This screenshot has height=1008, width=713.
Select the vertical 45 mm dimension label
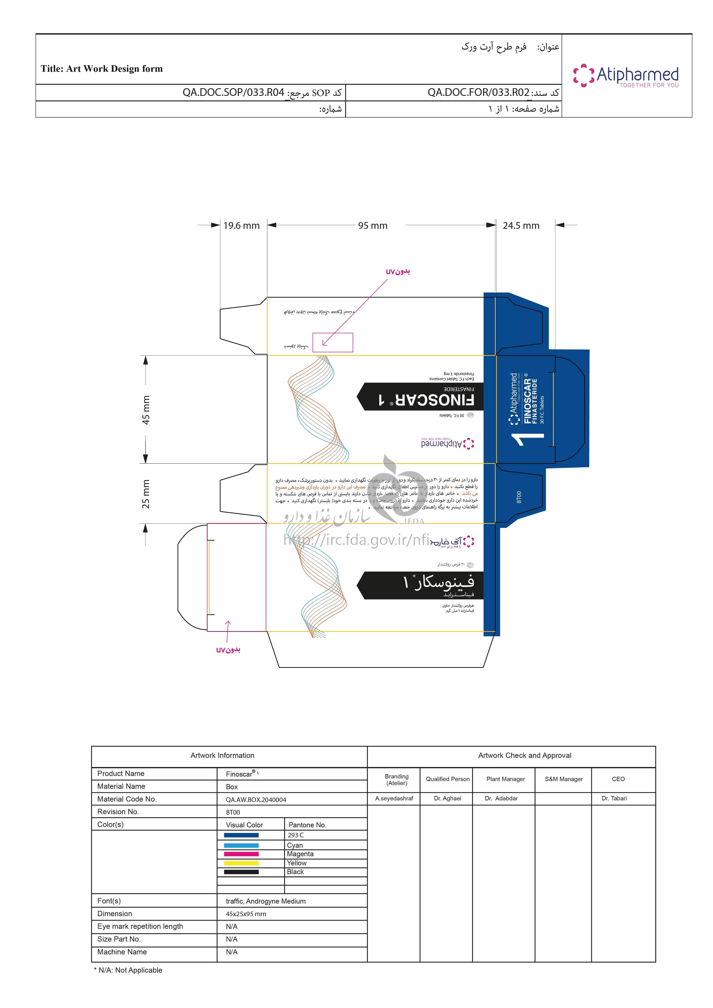pyautogui.click(x=146, y=410)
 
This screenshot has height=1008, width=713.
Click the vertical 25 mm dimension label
pyautogui.click(x=146, y=494)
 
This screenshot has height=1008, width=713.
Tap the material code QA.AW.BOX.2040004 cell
pyautogui.click(x=256, y=800)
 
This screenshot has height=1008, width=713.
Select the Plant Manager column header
pyautogui.click(x=505, y=779)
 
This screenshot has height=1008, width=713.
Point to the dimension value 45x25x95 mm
pyautogui.click(x=246, y=914)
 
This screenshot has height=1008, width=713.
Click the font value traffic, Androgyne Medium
pyautogui.click(x=266, y=901)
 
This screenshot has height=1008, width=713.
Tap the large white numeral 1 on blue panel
pyautogui.click(x=528, y=439)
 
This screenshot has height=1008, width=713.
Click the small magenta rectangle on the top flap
pyautogui.click(x=332, y=342)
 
